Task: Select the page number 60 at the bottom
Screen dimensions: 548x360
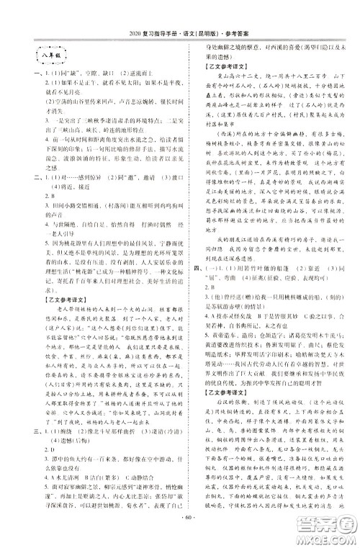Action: click(x=179, y=535)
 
